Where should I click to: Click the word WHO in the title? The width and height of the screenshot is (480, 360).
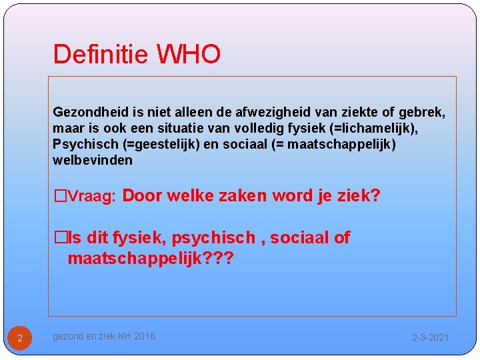pos(189,55)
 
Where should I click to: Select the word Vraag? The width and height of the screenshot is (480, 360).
pos(93,197)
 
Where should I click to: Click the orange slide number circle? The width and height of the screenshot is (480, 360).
pos(20,338)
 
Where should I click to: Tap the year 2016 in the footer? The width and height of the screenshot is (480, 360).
pos(145,337)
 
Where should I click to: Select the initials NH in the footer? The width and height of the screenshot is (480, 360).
pos(124,337)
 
